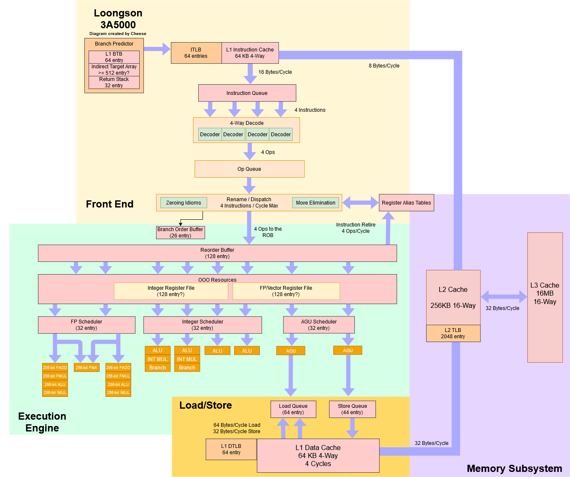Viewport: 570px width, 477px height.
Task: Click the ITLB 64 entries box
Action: (x=196, y=53)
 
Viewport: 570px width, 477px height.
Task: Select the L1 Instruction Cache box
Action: (x=250, y=53)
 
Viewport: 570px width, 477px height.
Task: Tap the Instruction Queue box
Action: (x=247, y=93)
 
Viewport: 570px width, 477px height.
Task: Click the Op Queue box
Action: (x=249, y=169)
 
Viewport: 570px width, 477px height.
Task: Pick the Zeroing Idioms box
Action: (x=184, y=203)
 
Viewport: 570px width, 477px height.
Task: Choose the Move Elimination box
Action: (x=315, y=203)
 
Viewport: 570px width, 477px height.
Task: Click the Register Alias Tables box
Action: (x=406, y=203)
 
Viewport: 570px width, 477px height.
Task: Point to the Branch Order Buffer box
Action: (x=180, y=232)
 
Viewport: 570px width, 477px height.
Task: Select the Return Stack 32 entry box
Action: (x=114, y=82)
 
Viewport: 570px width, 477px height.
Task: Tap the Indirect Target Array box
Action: (x=114, y=70)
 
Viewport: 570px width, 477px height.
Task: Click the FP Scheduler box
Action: (x=86, y=325)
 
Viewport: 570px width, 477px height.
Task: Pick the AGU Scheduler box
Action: (x=319, y=325)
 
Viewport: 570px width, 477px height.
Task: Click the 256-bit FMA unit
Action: (x=86, y=368)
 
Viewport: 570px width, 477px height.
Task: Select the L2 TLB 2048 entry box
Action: (x=453, y=333)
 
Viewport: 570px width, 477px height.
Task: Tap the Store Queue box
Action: (x=352, y=409)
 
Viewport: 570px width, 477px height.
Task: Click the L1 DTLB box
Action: (x=231, y=449)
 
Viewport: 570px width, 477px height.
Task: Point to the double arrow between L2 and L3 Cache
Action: (x=504, y=296)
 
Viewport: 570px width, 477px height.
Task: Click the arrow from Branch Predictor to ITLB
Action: (x=157, y=49)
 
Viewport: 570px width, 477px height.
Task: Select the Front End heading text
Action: (x=110, y=204)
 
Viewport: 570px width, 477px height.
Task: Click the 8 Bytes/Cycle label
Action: (x=384, y=66)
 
